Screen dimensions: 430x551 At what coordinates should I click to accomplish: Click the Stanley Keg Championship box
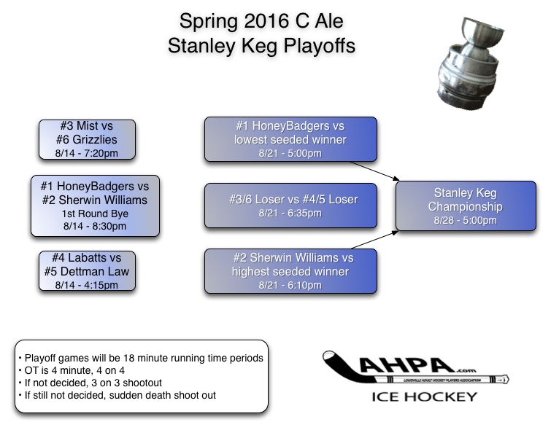point(465,206)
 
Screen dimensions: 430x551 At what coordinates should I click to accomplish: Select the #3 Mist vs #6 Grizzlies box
point(88,139)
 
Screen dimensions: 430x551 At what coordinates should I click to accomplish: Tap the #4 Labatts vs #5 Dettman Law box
point(88,271)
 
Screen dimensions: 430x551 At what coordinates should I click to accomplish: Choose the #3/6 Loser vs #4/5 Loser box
point(290,205)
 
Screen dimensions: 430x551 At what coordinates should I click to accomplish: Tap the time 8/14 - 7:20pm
point(88,153)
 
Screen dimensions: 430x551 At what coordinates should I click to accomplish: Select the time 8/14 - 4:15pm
point(88,284)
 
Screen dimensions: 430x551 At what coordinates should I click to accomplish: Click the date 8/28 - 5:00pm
point(465,221)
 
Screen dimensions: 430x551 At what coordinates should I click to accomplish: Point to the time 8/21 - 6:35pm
point(290,214)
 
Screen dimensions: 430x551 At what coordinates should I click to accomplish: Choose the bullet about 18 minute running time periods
point(141,358)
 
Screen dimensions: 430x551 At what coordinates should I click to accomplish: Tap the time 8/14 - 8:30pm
point(96,226)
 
